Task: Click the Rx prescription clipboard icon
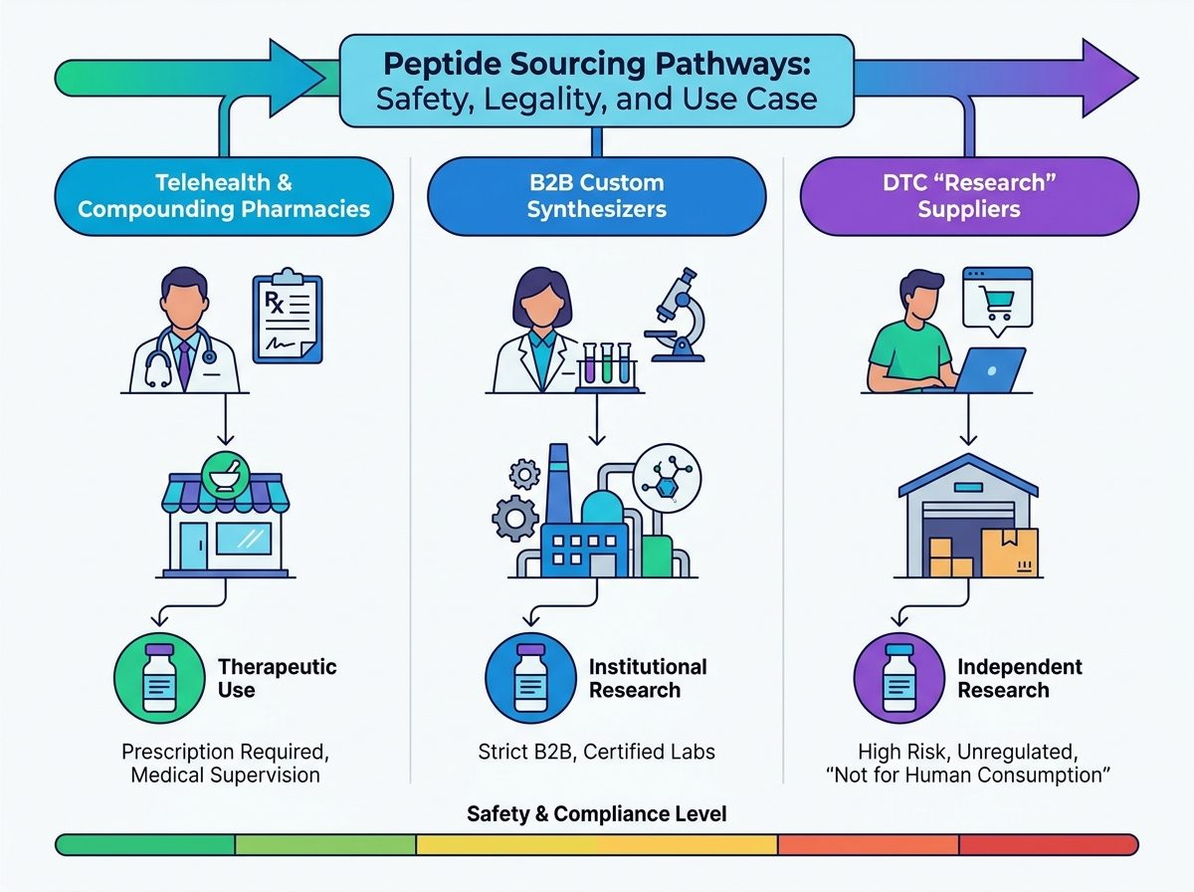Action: (x=288, y=317)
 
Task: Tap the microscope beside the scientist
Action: (x=676, y=315)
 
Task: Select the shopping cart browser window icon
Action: (x=998, y=301)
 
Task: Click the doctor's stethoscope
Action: (x=179, y=357)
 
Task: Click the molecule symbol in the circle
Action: (x=667, y=479)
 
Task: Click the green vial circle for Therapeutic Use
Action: (x=159, y=678)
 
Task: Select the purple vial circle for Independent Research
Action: (x=899, y=678)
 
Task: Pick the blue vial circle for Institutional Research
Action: (x=531, y=678)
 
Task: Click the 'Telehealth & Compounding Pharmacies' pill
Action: (x=224, y=196)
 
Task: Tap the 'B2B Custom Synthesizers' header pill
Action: (x=597, y=196)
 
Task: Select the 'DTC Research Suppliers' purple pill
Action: (x=969, y=196)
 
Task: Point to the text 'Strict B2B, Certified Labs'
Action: (x=597, y=752)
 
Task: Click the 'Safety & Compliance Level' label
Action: (x=597, y=813)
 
